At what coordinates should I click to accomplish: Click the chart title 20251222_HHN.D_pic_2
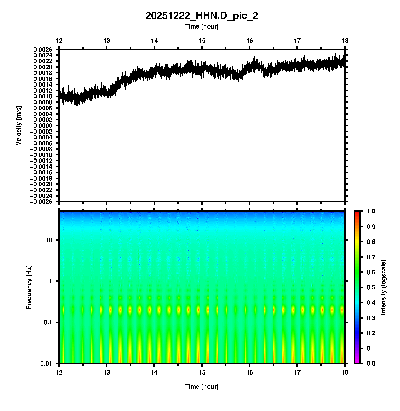202,16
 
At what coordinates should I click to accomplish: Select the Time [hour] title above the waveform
202,26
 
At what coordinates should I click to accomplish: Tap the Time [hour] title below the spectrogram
202,387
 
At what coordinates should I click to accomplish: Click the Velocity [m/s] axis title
19,125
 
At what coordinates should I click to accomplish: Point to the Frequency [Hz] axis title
29,287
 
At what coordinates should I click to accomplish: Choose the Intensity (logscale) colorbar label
384,287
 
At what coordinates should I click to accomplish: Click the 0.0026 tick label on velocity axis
43,49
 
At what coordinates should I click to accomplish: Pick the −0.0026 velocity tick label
41,202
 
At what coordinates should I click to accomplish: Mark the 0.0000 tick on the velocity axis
43,125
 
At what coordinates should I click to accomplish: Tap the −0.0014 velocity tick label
41,166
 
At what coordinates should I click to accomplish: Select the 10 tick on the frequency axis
49,240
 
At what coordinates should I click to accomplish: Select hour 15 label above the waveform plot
202,41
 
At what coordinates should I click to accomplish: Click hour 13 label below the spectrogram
107,372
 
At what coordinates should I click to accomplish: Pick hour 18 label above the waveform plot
345,41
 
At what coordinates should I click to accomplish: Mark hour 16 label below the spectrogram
250,372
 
